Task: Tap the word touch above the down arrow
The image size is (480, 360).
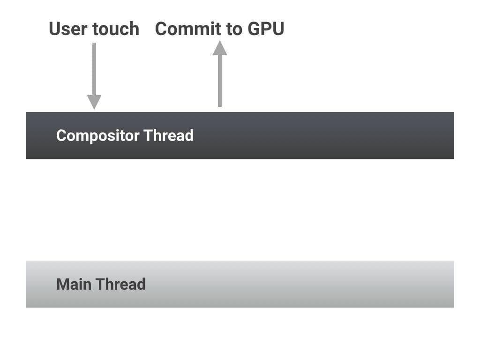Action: pyautogui.click(x=116, y=29)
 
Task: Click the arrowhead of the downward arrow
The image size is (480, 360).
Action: pyautogui.click(x=94, y=102)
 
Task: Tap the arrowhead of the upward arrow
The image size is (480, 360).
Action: pyautogui.click(x=220, y=48)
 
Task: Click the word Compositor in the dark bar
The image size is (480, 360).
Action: pyautogui.click(x=98, y=135)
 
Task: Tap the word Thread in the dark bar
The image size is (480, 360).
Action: pyautogui.click(x=168, y=135)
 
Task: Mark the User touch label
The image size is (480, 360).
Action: pyautogui.click(x=94, y=29)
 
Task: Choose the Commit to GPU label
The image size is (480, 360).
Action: pyautogui.click(x=220, y=29)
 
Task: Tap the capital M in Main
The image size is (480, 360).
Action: pyautogui.click(x=62, y=284)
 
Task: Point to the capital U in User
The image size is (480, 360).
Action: pyautogui.click(x=55, y=29)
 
